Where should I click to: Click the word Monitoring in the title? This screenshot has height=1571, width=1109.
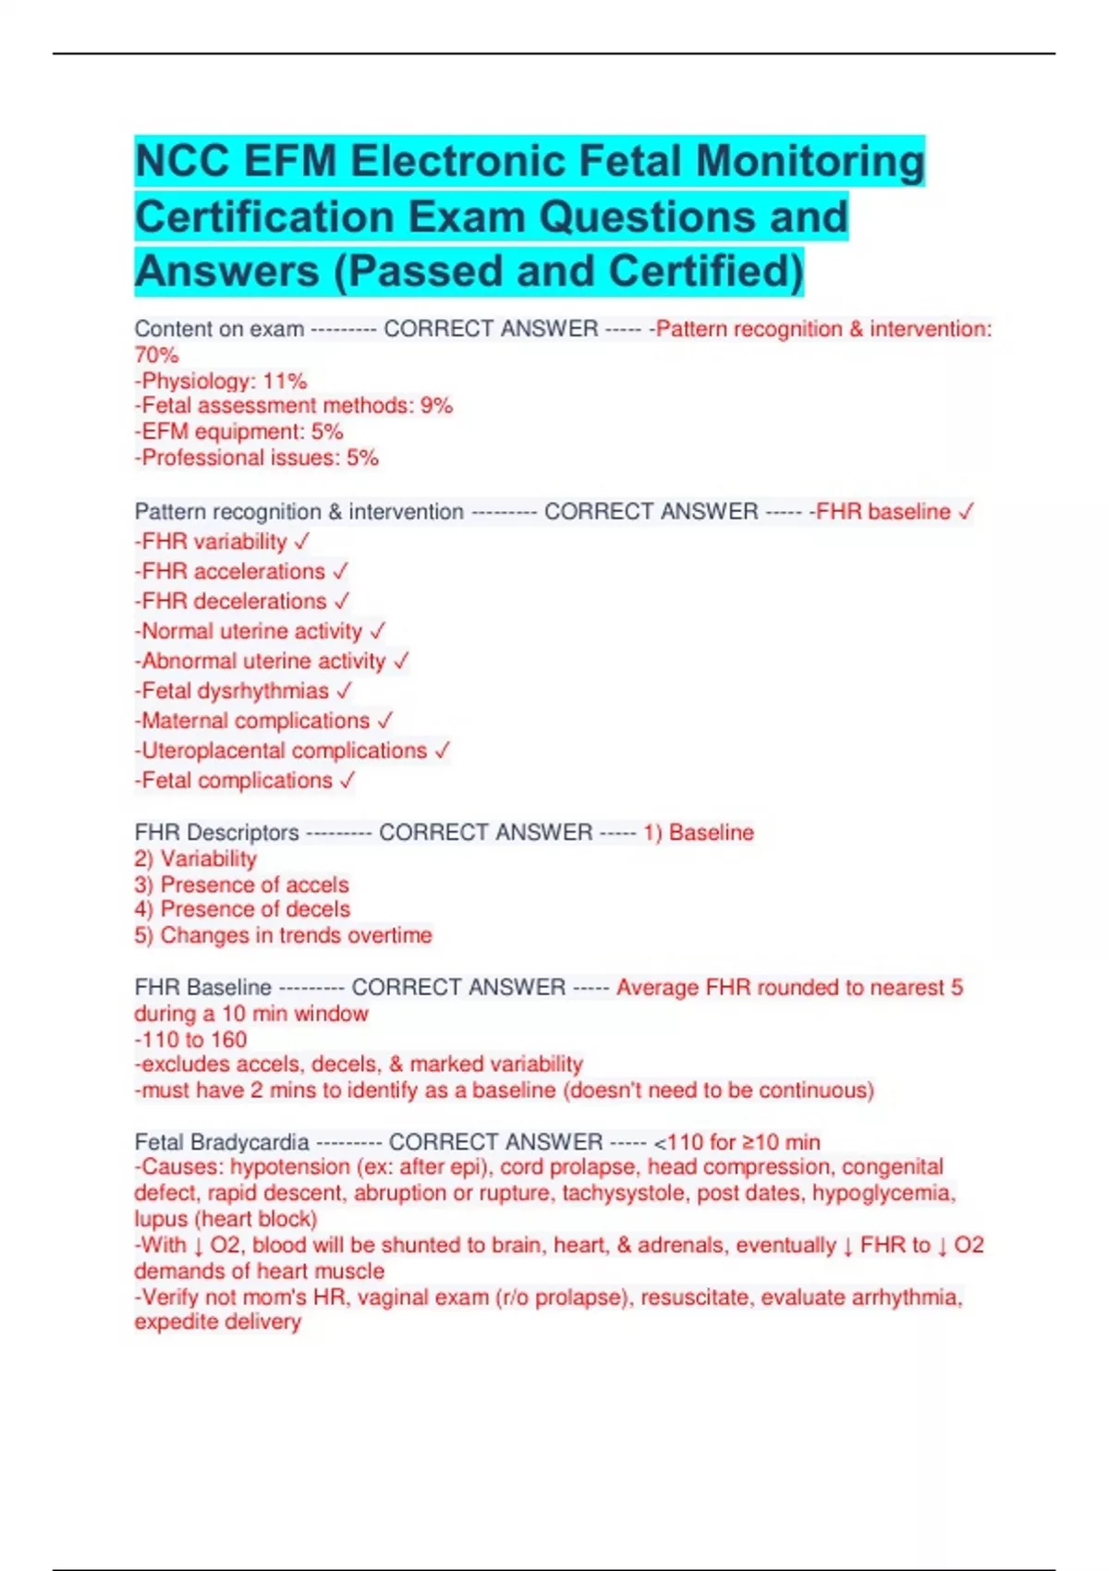pos(810,161)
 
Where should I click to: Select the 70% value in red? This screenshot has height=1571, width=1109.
pos(156,355)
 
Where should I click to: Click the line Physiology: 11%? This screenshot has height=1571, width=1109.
pos(221,381)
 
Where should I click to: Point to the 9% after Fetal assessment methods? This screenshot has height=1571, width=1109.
pos(436,406)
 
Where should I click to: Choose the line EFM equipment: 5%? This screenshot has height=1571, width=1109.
pos(239,432)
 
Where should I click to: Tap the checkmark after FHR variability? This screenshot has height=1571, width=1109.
pos(302,542)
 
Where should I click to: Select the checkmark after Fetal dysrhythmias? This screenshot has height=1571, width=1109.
pos(345,691)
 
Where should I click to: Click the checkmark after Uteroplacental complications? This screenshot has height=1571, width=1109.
pos(443,750)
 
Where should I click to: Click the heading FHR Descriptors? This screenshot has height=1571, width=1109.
pos(217,833)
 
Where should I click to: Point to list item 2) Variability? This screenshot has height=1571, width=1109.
pos(196,859)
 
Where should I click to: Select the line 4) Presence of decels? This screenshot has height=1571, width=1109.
pos(242,909)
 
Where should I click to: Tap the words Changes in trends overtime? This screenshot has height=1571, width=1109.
pos(296,935)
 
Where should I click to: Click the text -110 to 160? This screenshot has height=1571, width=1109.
pos(191,1040)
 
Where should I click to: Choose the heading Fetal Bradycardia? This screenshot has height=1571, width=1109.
pos(222,1142)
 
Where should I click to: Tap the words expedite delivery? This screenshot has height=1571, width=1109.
pos(218,1322)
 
